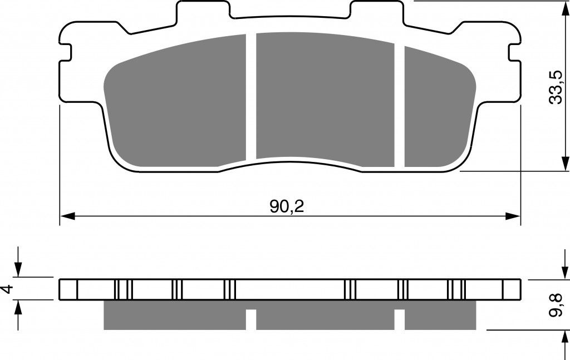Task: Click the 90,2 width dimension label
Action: pyautogui.click(x=287, y=206)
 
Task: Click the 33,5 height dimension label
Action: pyautogui.click(x=556, y=87)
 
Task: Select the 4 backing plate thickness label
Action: pyautogui.click(x=8, y=289)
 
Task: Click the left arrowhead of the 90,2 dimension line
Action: pyautogui.click(x=67, y=216)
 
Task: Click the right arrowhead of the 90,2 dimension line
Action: pyautogui.click(x=513, y=216)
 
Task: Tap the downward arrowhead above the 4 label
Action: pyautogui.click(x=18, y=269)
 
